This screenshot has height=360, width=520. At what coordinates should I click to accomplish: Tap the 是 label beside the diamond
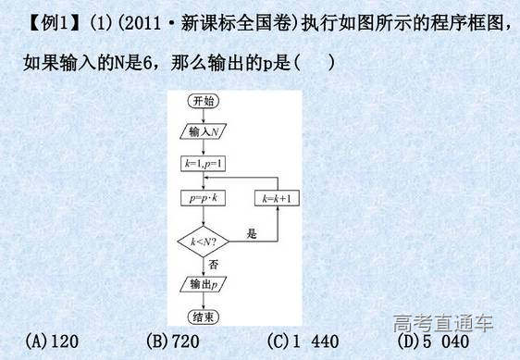coord(251,235)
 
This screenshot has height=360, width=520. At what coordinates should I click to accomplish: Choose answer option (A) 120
coord(52,341)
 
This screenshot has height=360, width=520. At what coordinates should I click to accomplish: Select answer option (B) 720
coord(173,341)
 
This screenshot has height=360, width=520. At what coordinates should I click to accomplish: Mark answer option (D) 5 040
coord(431,341)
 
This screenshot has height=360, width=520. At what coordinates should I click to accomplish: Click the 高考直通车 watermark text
coord(443,324)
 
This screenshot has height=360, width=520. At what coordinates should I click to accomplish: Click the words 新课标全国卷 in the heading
coord(209,23)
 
